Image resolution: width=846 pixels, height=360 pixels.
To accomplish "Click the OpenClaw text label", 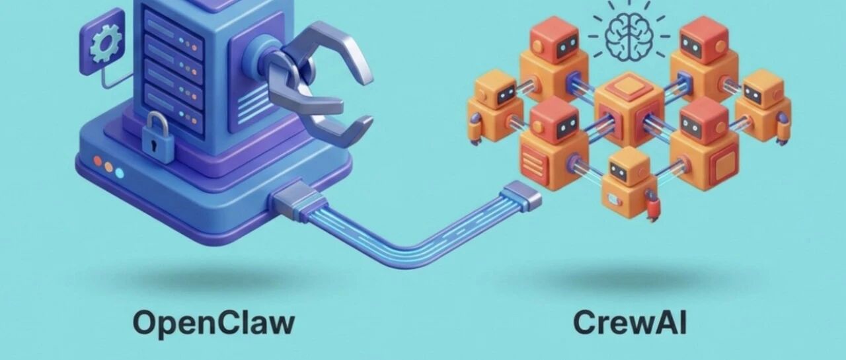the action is [213, 322].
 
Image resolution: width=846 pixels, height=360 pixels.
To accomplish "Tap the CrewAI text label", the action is [629, 322].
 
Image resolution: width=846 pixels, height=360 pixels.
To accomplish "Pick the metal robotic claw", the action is [317, 79].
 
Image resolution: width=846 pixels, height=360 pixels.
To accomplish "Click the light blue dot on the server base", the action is [120, 172].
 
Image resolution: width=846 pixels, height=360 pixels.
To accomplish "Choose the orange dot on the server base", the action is [108, 166].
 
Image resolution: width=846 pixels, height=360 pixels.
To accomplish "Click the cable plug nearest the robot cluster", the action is [521, 196].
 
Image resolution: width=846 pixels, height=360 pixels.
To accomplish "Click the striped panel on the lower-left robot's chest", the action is [531, 159].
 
